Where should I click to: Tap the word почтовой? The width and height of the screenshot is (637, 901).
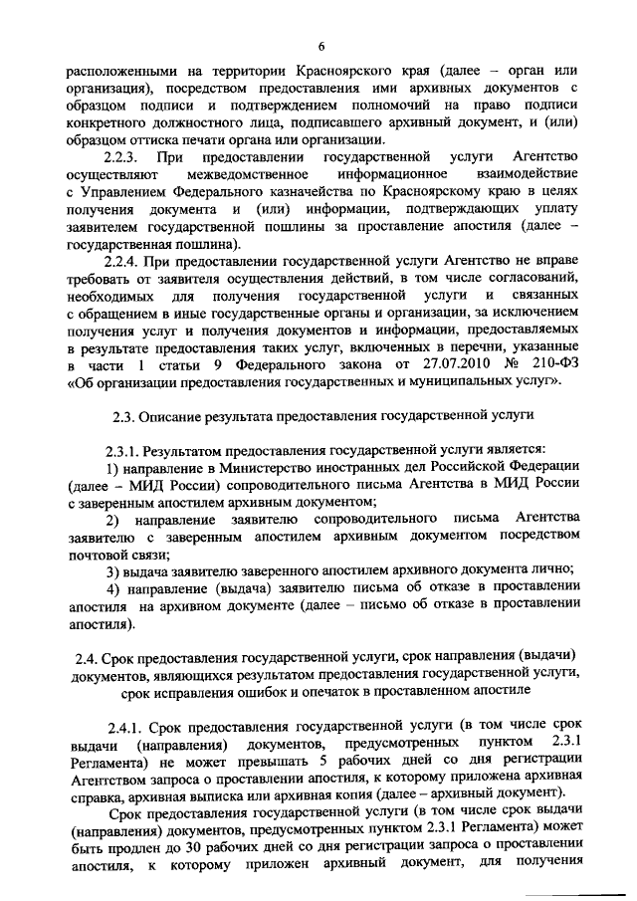(x=99, y=554)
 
